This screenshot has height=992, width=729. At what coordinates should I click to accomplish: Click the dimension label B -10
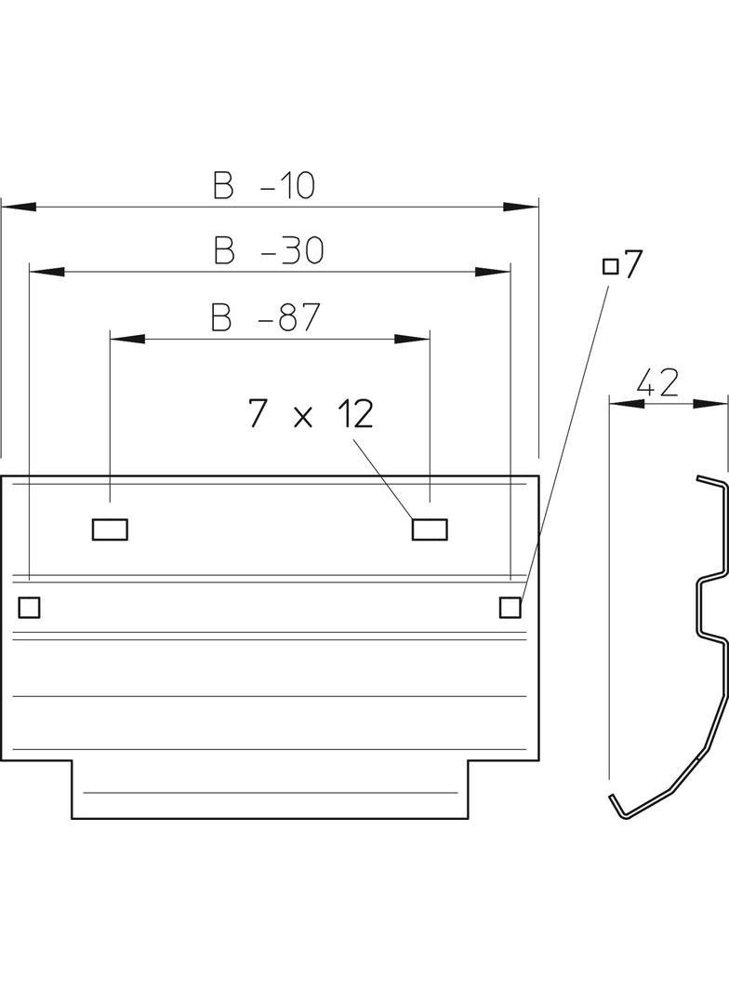pyautogui.click(x=265, y=187)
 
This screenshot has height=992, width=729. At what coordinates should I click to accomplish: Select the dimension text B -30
pyautogui.click(x=267, y=251)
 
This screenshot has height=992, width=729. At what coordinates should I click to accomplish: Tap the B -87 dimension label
pyautogui.click(x=265, y=318)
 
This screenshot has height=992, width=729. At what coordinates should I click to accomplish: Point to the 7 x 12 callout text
pyautogui.click(x=311, y=413)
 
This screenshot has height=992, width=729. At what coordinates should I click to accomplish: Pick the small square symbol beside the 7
pyautogui.click(x=611, y=267)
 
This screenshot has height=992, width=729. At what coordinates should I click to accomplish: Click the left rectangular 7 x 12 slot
pyautogui.click(x=110, y=530)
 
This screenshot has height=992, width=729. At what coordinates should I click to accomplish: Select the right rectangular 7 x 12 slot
pyautogui.click(x=430, y=530)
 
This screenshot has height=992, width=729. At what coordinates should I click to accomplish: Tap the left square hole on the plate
pyautogui.click(x=30, y=607)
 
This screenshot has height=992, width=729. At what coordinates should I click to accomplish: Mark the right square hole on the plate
pyautogui.click(x=510, y=607)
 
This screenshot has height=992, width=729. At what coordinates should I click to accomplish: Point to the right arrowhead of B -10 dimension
pyautogui.click(x=522, y=206)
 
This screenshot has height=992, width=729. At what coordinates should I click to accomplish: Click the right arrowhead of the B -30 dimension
pyautogui.click(x=494, y=272)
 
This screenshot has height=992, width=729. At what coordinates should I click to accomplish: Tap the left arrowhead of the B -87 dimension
pyautogui.click(x=126, y=339)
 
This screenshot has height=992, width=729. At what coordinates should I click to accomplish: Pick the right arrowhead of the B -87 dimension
pyautogui.click(x=413, y=339)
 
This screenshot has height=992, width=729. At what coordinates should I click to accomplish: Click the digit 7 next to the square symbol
pyautogui.click(x=632, y=265)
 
